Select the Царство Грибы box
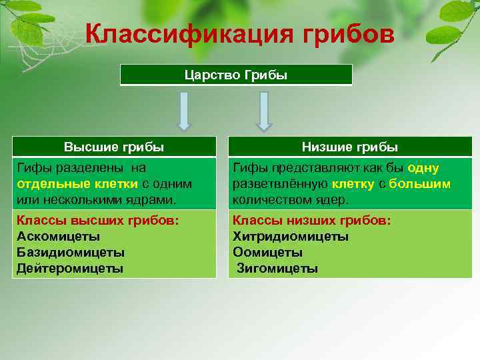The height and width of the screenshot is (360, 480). tap(236, 75)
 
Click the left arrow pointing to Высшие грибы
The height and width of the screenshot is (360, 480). tap(183, 111)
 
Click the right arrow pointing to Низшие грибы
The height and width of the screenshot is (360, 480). tap(264, 111)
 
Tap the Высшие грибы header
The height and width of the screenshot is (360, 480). tap(114, 147)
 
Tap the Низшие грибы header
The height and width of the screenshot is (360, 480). tap(350, 147)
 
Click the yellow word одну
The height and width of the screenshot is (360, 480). tap(423, 169)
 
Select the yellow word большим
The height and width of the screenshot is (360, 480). tap(420, 184)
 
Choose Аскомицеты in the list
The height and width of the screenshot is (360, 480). tap(59, 236)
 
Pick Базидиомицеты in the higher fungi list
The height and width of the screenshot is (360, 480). tap(71, 253)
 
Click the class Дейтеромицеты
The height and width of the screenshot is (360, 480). tap(70, 269)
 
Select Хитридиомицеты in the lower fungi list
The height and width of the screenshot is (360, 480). tap(291, 236)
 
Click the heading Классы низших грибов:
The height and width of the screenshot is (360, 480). tap(312, 220)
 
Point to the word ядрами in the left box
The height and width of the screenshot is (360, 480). tap(154, 199)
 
